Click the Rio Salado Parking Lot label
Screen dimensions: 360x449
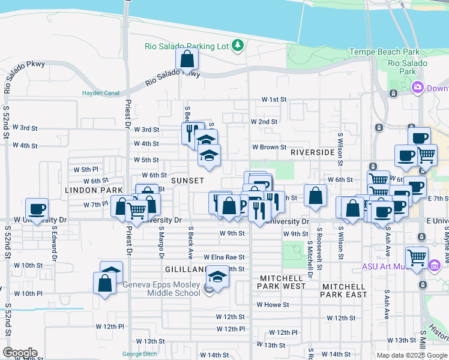pos(188,46)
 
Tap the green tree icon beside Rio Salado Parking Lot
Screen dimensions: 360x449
pos(238,44)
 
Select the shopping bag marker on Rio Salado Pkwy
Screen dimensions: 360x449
pos(187,59)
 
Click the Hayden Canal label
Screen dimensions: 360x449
pos(100,93)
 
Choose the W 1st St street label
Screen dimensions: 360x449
pos(274,99)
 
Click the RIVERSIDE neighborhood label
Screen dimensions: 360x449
pos(312,152)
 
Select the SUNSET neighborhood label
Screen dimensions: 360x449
pos(187,180)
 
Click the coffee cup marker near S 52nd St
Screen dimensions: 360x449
pos(37,209)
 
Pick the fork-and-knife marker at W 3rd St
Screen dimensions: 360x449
pos(193,132)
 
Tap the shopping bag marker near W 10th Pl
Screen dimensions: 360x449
pos(104,283)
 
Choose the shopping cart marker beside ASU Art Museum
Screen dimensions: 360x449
pos(417,257)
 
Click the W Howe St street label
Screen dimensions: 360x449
pos(273,305)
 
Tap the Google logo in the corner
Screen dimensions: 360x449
pos(20,353)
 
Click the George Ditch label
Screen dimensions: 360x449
pos(139,354)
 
